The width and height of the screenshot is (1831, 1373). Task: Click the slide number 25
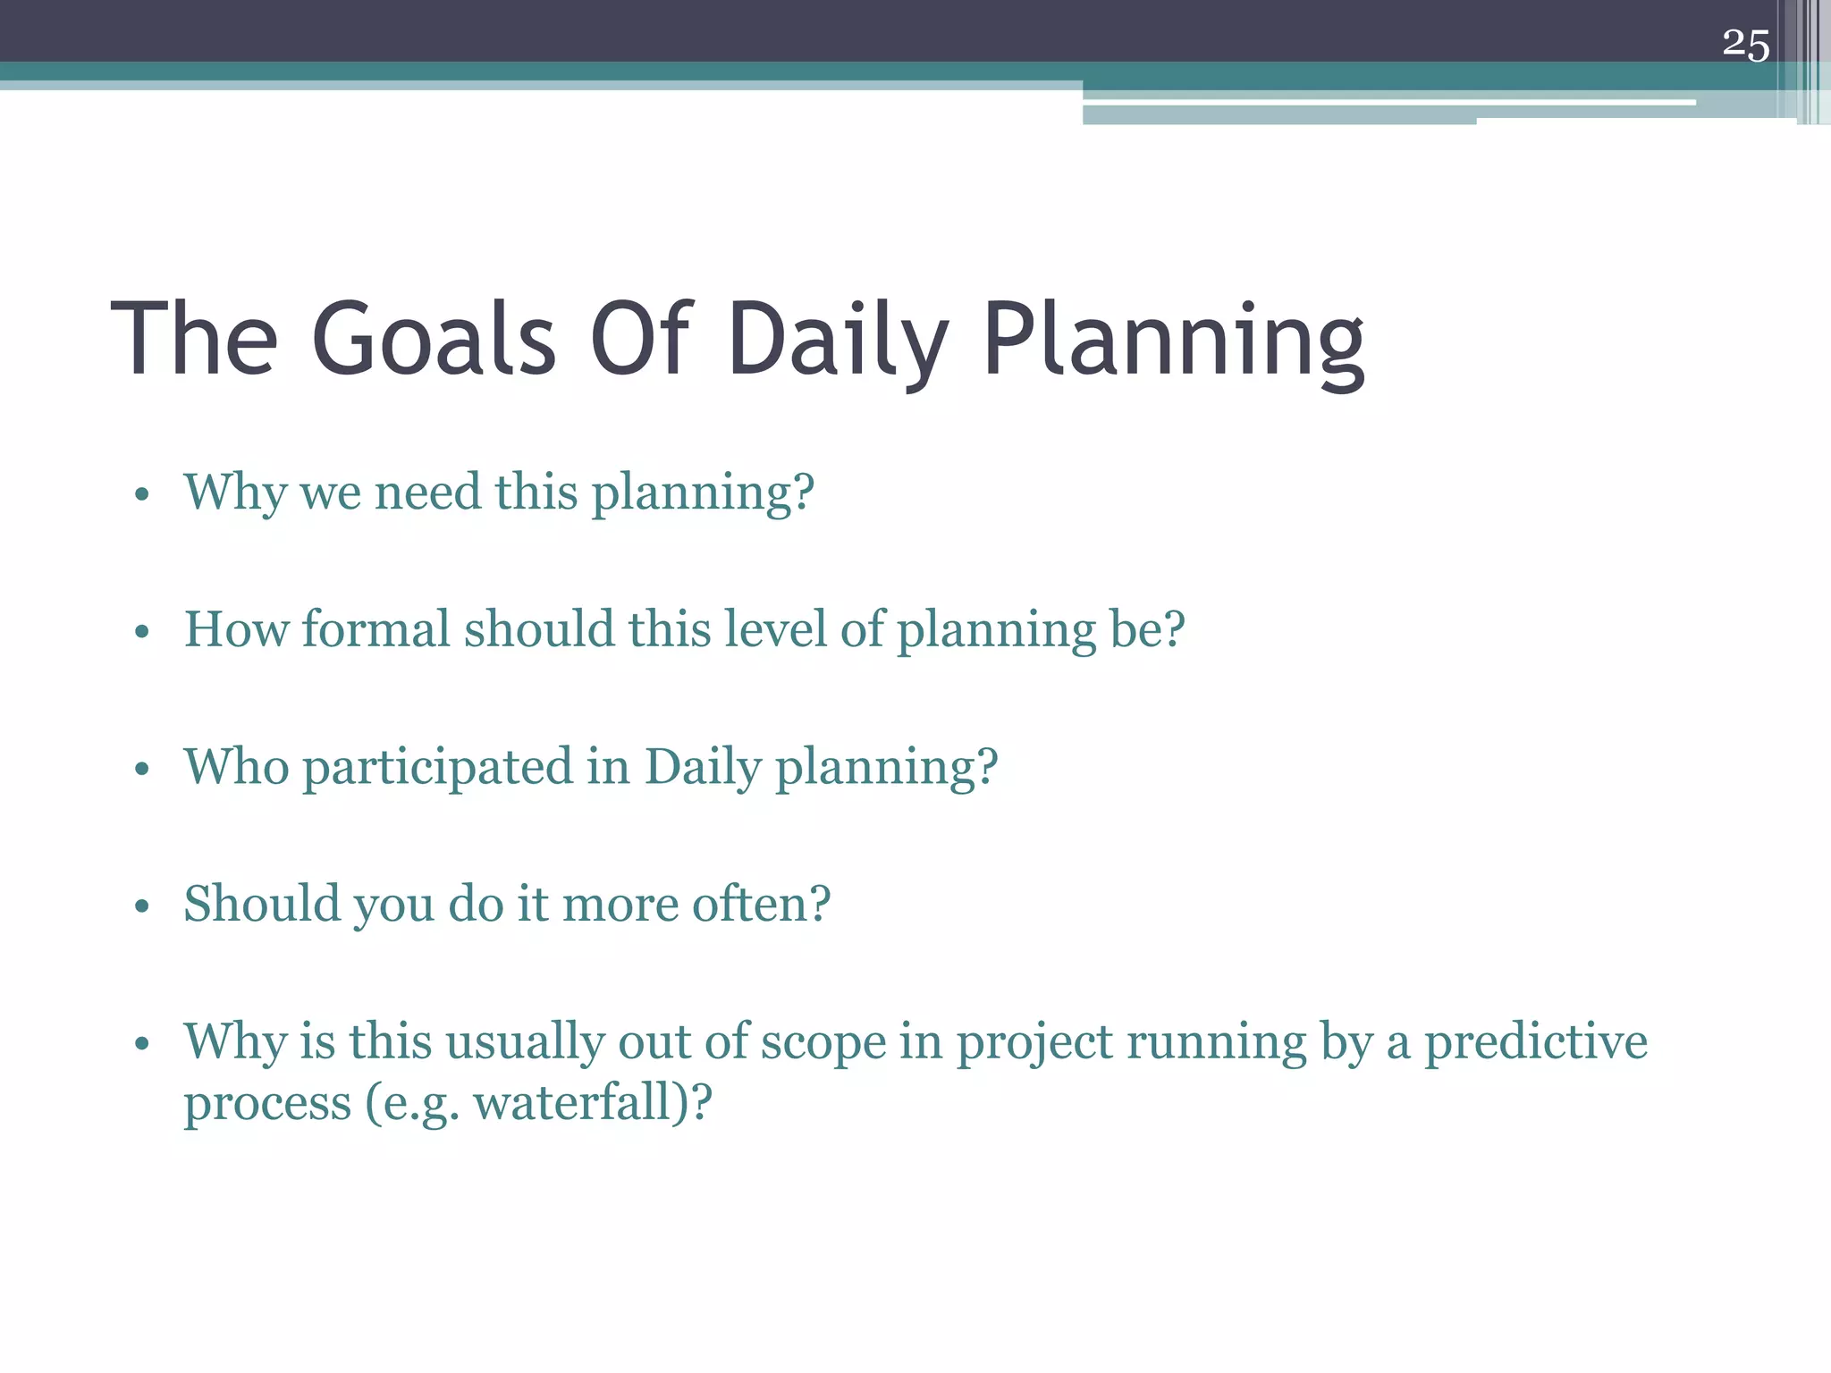click(1745, 45)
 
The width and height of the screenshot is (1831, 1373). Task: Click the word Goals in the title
click(435, 340)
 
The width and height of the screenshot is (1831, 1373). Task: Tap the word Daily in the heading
click(838, 340)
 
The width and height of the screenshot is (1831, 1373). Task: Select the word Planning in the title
click(1174, 340)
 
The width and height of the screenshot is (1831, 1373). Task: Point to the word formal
click(375, 629)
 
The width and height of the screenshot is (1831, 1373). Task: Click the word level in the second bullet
click(775, 629)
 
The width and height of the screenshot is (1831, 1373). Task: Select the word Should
click(262, 904)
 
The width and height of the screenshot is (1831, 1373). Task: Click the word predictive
click(1535, 1042)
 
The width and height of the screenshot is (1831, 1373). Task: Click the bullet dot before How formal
click(141, 633)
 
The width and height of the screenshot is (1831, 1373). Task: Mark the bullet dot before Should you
click(141, 907)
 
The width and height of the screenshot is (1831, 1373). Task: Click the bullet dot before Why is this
click(141, 1045)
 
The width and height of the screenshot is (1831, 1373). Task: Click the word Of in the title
click(640, 340)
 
